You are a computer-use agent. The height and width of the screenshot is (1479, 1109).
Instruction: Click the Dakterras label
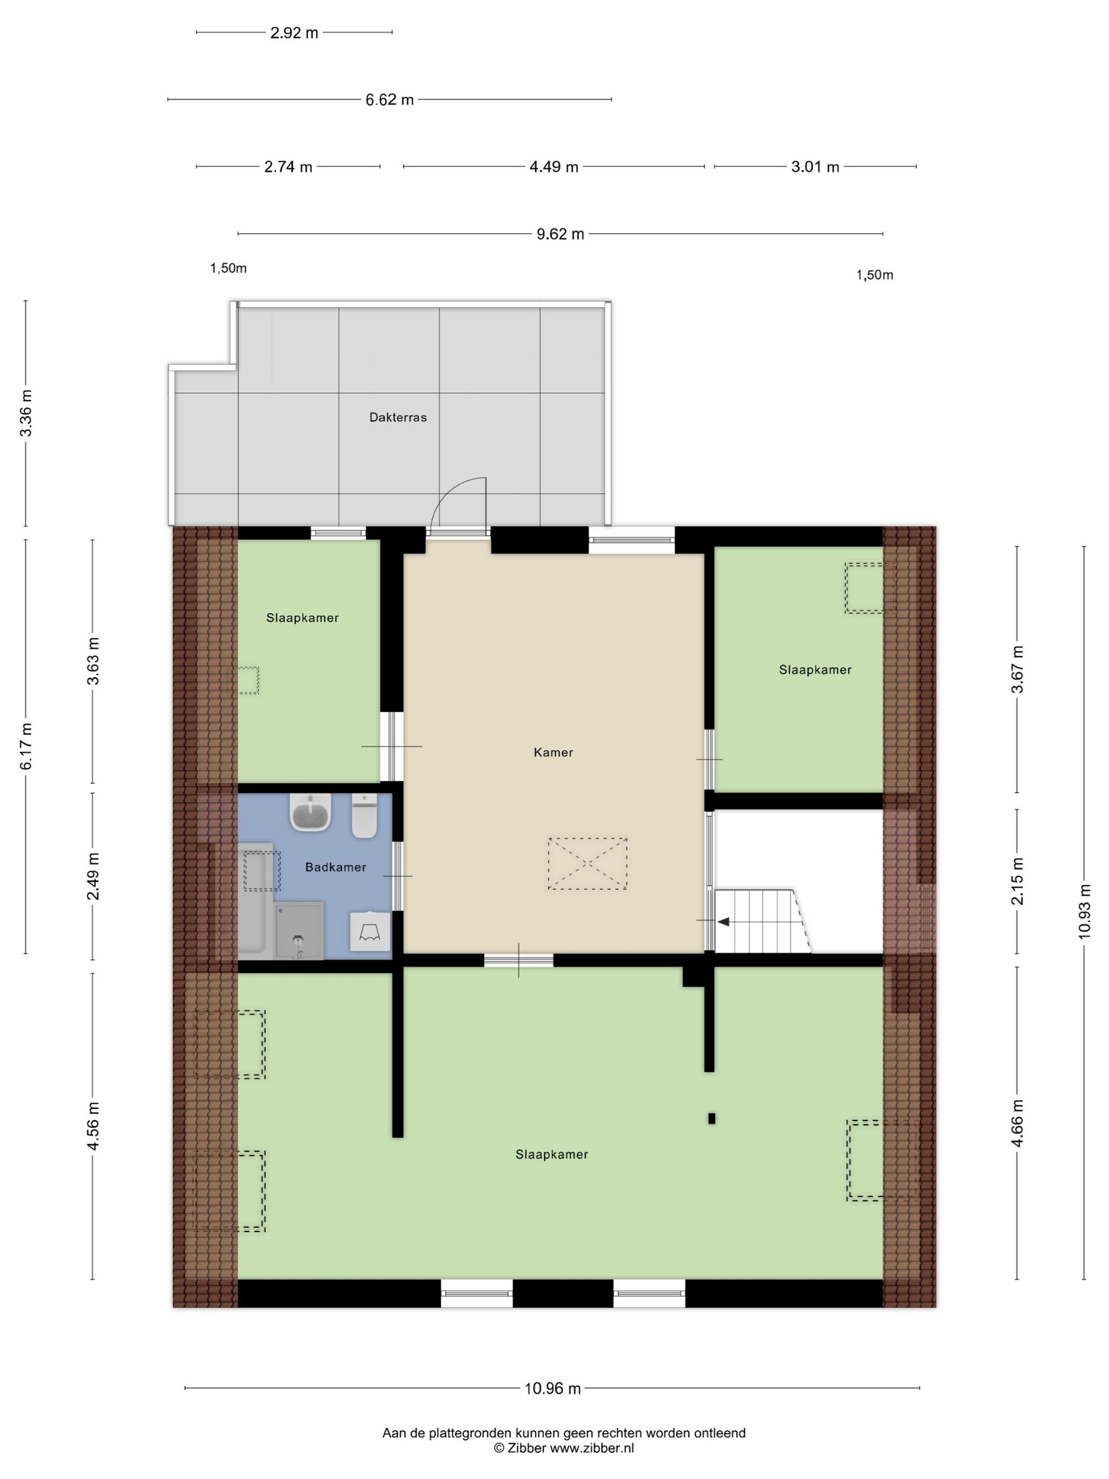click(398, 417)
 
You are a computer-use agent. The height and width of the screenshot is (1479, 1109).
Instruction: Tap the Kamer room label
click(553, 752)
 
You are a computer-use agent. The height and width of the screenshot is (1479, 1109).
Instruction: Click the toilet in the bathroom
click(365, 817)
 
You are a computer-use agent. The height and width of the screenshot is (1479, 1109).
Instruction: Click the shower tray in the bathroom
click(299, 930)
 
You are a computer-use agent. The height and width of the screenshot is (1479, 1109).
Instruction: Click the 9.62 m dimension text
click(560, 234)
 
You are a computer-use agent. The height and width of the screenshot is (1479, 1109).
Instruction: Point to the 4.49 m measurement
click(553, 167)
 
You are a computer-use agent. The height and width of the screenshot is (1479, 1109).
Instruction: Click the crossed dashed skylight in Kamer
click(587, 863)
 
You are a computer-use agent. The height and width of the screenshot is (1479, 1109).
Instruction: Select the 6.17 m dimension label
click(26, 746)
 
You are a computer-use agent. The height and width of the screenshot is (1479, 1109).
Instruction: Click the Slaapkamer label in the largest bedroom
click(551, 1155)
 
